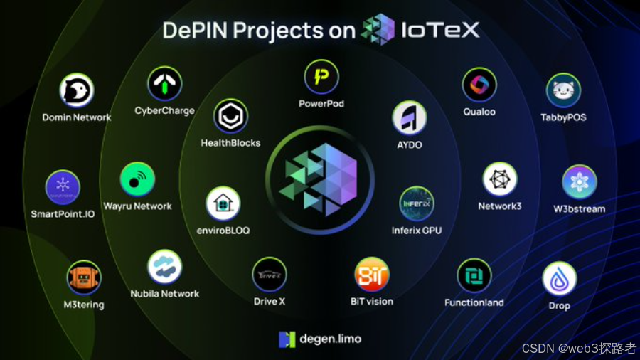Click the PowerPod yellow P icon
pos(321,77)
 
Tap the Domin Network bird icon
pos(77,91)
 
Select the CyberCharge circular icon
pos(165,84)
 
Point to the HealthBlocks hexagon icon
pos(230,116)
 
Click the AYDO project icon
pos(410,118)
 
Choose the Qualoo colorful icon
pos(479,85)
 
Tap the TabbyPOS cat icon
pos(563,91)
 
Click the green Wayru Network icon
pos(137,179)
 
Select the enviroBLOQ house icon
pos(223,204)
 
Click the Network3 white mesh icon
pos(500,179)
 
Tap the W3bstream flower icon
pos(580,182)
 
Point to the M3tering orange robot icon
pos(83,278)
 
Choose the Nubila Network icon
pos(165,267)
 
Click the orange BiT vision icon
pos(372,275)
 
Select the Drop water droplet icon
pos(560,279)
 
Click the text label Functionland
pos(474,302)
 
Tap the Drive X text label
pos(270,301)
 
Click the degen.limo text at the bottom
pos(329,339)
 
